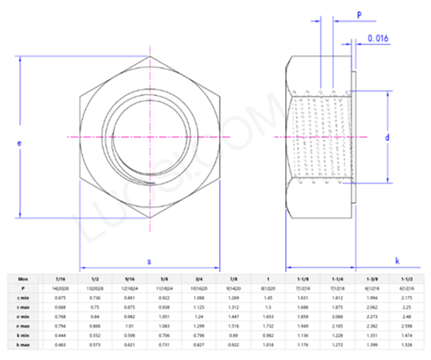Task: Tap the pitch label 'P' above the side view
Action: (359, 15)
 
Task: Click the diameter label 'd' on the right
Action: (387, 137)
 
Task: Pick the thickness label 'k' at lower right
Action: (397, 261)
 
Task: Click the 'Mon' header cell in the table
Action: (23, 279)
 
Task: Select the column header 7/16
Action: (60, 279)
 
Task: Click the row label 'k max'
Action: (23, 344)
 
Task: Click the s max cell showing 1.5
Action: (268, 307)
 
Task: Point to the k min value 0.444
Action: (60, 335)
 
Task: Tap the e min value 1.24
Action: (199, 316)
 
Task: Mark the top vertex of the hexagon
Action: (150, 56)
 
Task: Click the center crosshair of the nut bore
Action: (150, 137)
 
